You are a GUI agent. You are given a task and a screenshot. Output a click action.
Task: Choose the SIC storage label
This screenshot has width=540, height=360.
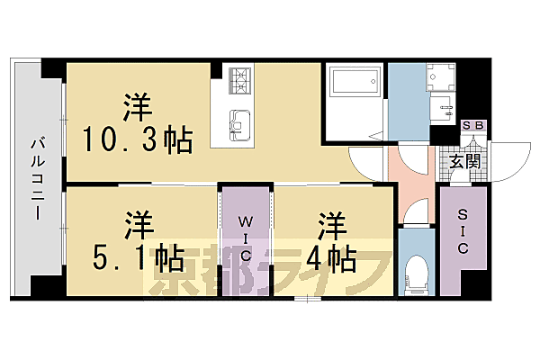(x=463, y=232)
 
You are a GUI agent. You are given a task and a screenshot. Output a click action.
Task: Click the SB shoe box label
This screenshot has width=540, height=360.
(x=472, y=126)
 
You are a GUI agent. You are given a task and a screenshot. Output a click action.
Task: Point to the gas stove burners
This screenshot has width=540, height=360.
(x=240, y=82)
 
